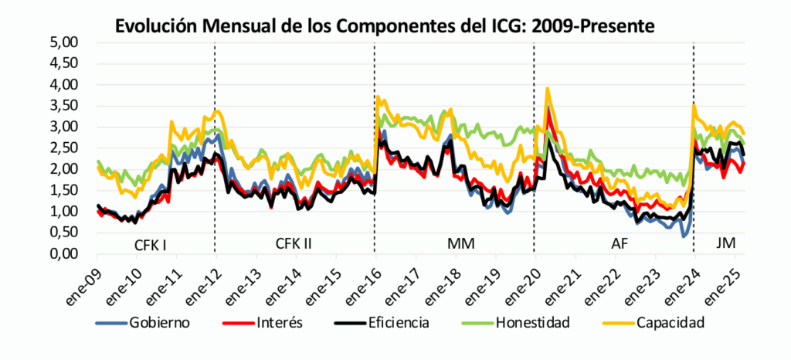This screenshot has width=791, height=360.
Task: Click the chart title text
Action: point(385,25)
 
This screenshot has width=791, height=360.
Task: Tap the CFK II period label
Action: point(294,245)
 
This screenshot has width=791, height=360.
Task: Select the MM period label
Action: point(461,245)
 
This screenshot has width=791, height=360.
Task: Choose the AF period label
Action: point(620,245)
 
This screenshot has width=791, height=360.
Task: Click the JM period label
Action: point(725,245)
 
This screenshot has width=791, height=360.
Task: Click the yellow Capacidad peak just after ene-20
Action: point(548,89)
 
